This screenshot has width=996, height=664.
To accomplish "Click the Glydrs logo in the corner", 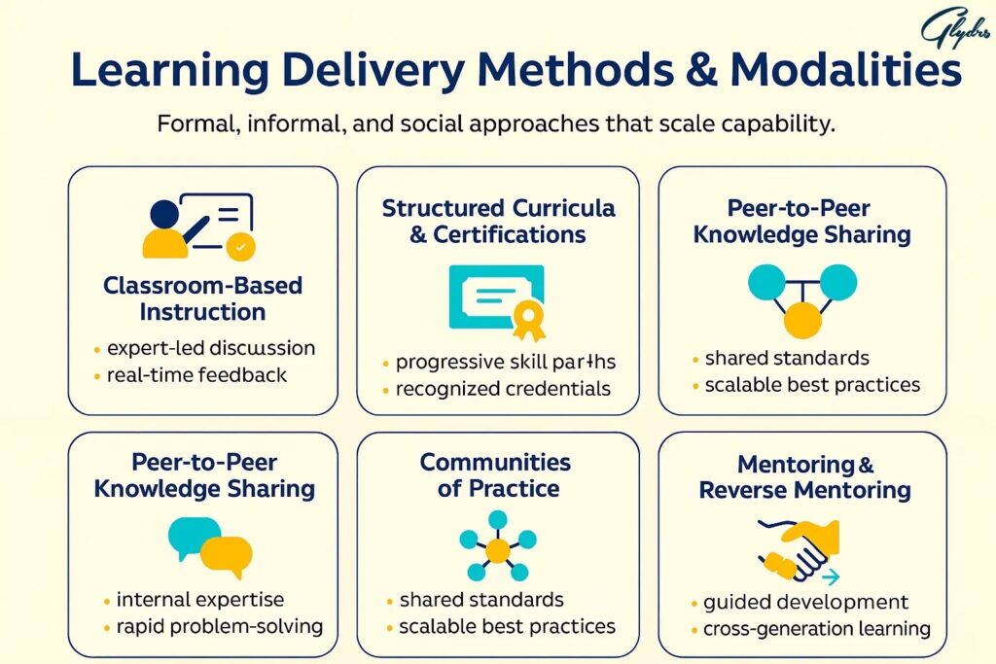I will [x=954, y=30].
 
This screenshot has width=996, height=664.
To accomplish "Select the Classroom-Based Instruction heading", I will [x=202, y=298].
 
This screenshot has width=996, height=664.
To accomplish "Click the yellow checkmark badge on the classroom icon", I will [x=239, y=248].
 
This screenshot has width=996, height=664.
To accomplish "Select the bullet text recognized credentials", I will [x=503, y=389].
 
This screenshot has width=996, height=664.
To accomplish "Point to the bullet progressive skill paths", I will [x=506, y=363].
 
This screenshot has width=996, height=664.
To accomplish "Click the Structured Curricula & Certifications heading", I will [x=498, y=222].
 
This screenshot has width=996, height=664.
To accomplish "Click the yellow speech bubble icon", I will [x=226, y=554].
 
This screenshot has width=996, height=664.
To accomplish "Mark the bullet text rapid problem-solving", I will [x=219, y=625].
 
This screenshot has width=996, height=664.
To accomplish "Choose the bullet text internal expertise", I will [x=199, y=600].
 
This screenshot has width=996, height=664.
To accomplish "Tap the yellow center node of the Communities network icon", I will [x=498, y=550].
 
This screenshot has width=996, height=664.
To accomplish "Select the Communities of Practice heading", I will [x=496, y=474].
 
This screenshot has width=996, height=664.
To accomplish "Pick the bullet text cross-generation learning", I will [x=816, y=628].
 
